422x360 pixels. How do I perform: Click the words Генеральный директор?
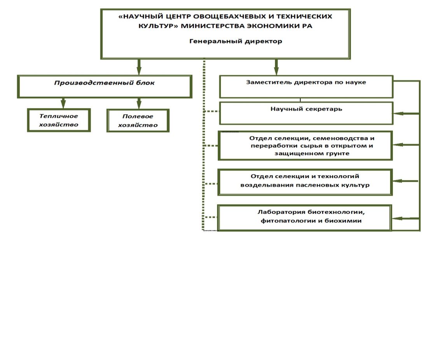click(x=236, y=41)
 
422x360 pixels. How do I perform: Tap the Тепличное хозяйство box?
click(x=59, y=120)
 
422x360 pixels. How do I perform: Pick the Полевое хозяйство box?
click(x=138, y=121)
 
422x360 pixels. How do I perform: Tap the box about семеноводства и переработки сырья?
click(x=305, y=145)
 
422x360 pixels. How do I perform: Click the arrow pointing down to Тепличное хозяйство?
click(x=63, y=103)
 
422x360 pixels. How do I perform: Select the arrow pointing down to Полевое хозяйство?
click(x=138, y=103)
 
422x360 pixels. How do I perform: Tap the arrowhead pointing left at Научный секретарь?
click(x=397, y=114)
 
